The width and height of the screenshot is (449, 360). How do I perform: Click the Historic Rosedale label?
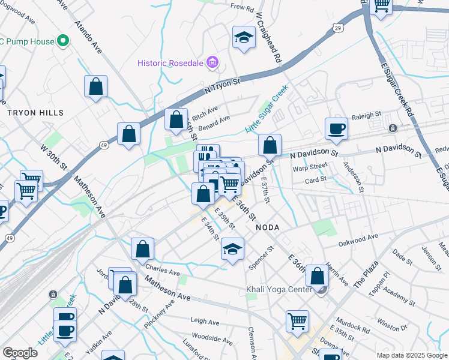(170, 62)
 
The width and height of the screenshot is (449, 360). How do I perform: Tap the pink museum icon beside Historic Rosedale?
(212, 62)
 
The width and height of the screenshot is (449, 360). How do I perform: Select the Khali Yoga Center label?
(279, 290)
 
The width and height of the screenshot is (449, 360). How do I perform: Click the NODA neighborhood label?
(268, 228)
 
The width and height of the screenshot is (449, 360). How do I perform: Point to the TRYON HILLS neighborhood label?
(35, 113)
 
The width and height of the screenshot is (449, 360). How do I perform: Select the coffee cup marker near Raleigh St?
(336, 128)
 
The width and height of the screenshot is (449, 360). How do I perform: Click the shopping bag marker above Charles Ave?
(142, 248)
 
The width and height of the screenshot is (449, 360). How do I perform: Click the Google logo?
(20, 353)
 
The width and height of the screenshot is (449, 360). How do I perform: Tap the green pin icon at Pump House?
(63, 41)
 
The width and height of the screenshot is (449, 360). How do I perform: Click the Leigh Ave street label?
(202, 321)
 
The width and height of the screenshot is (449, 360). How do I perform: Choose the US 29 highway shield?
(339, 28)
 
